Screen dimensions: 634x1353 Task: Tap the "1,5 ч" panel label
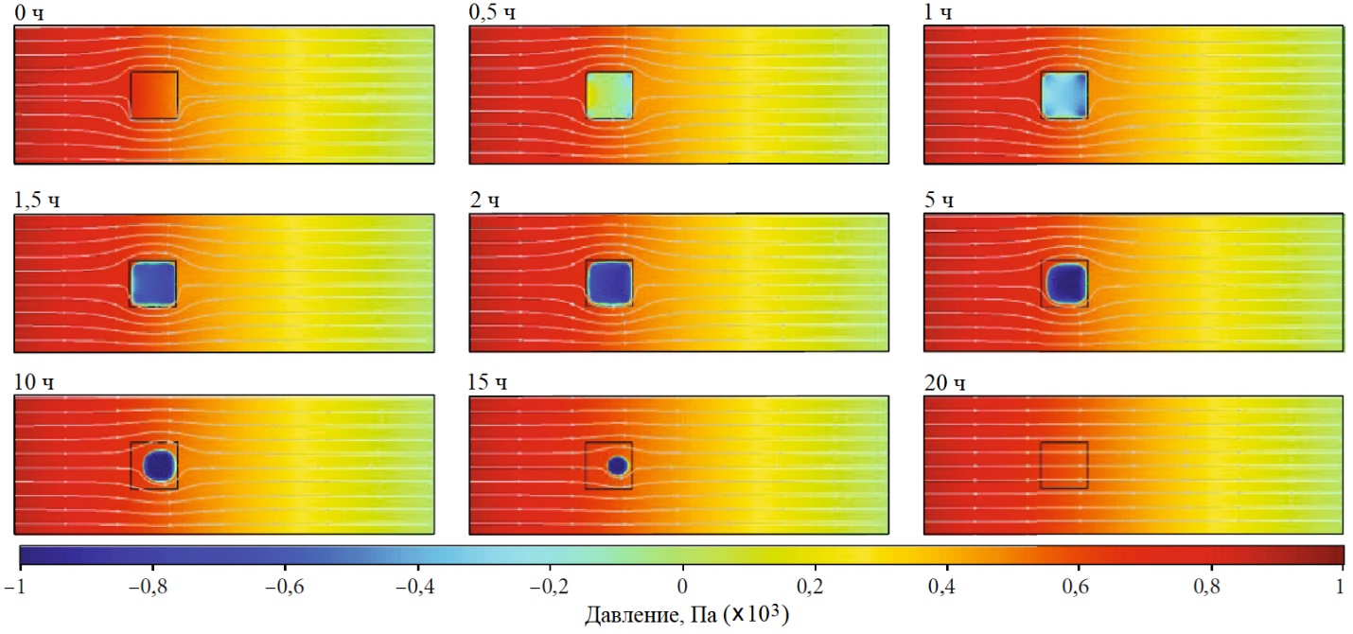point(37,201)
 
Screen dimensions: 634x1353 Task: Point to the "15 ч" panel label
point(487,383)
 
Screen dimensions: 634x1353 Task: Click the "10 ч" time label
point(33,383)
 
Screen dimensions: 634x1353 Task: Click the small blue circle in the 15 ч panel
point(618,466)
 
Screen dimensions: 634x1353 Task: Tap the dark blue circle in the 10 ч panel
point(159,465)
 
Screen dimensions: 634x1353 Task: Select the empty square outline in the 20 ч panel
point(1063,465)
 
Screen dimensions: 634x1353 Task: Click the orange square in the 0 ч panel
point(153,95)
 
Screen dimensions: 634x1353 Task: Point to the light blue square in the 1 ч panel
point(1063,95)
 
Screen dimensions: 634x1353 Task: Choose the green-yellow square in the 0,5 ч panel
point(608,95)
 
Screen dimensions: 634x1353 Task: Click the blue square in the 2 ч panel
point(608,282)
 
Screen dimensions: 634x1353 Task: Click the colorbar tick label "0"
point(682,587)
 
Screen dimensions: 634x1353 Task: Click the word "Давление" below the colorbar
point(628,616)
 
